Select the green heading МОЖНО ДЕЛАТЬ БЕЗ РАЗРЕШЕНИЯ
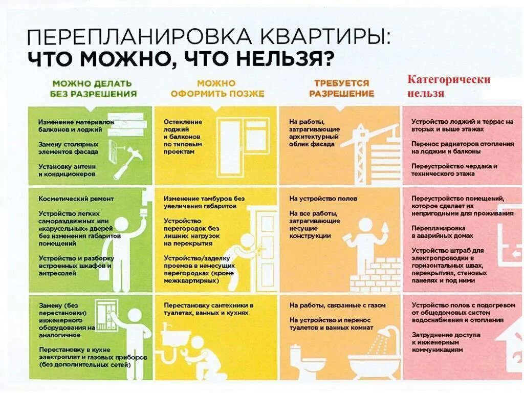tap(93, 88)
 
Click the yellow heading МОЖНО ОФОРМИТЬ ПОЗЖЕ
tap(217, 88)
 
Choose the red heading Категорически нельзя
tap(448, 86)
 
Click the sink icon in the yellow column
tap(174, 335)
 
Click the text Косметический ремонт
tap(76, 199)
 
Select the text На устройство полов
tap(323, 199)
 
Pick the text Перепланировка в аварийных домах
tap(442, 232)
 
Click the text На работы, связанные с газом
tap(337, 305)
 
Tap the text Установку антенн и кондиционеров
tap(67, 170)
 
